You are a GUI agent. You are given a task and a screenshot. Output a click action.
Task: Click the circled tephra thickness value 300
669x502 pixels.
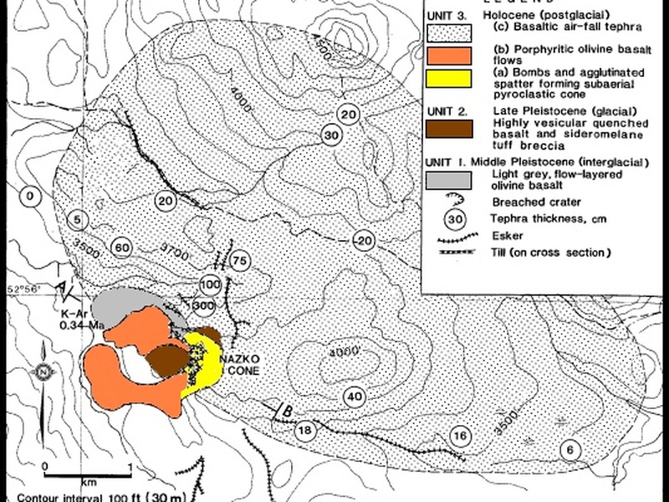point(202,306)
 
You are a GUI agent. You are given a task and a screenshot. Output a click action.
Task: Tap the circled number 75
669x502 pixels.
point(240,261)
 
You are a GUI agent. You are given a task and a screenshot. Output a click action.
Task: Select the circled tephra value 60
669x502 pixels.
point(122,248)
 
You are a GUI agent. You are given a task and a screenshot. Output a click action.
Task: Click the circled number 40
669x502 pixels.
point(354,396)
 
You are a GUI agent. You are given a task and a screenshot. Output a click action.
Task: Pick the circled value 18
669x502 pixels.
point(305,431)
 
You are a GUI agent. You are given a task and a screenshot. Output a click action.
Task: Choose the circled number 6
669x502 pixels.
point(569,449)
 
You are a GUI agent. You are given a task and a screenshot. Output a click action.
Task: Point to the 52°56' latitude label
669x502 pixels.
point(23,289)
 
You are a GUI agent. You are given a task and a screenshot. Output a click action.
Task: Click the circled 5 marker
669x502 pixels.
point(77,221)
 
